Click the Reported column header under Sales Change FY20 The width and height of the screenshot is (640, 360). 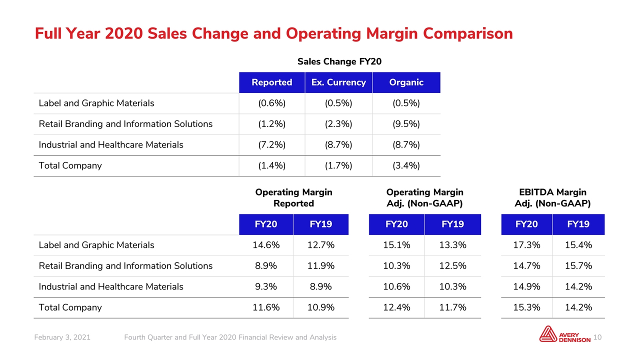pos(271,82)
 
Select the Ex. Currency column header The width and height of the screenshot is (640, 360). pos(338,82)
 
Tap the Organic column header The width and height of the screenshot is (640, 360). pos(406,82)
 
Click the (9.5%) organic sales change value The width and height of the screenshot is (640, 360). pos(406,124)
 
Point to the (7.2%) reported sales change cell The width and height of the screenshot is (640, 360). pos(271,145)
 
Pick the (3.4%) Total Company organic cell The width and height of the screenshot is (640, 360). pos(406,165)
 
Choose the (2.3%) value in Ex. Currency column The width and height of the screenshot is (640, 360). pos(338,124)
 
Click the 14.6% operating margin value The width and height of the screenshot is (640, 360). pos(266,245)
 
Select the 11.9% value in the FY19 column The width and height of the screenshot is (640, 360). pos(321,266)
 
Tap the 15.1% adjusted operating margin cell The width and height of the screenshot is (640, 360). pos(396,245)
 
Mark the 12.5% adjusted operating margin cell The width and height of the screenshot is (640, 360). pos(453,266)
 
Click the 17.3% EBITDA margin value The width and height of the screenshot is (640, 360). pos(526,245)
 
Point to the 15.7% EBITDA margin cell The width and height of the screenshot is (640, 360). pos(578,266)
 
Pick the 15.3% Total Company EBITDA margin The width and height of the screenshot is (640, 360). pos(526,307)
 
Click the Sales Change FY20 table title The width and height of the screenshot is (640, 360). pos(339,61)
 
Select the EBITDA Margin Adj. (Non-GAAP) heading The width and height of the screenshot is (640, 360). pos(552,197)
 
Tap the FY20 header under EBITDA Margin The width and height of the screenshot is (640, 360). pos(526,224)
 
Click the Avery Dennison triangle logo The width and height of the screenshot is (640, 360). pos(548,334)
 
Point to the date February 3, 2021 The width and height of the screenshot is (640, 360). pos(62,337)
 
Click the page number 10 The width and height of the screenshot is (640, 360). pos(597,337)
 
